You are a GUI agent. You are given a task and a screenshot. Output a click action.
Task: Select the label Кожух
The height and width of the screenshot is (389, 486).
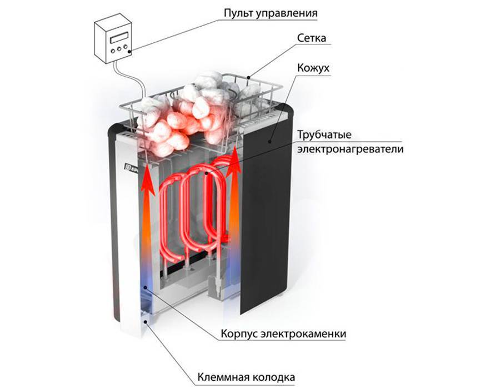click(313, 67)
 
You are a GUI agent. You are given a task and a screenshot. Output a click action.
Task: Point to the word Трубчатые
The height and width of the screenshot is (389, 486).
click(324, 136)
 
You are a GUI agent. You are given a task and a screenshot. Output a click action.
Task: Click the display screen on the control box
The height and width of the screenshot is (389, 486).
click(119, 38)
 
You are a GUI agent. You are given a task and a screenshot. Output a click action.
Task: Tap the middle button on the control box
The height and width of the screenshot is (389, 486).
click(119, 49)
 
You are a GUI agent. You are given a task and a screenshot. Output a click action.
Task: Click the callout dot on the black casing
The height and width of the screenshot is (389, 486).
click(270, 141)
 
